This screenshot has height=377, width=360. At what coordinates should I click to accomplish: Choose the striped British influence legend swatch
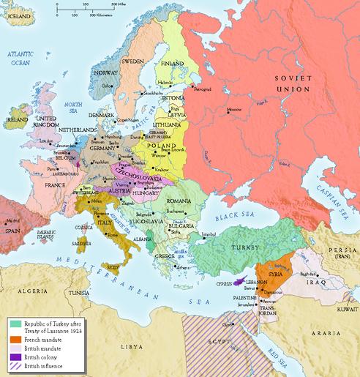pyautogui.click(x=15, y=365)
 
